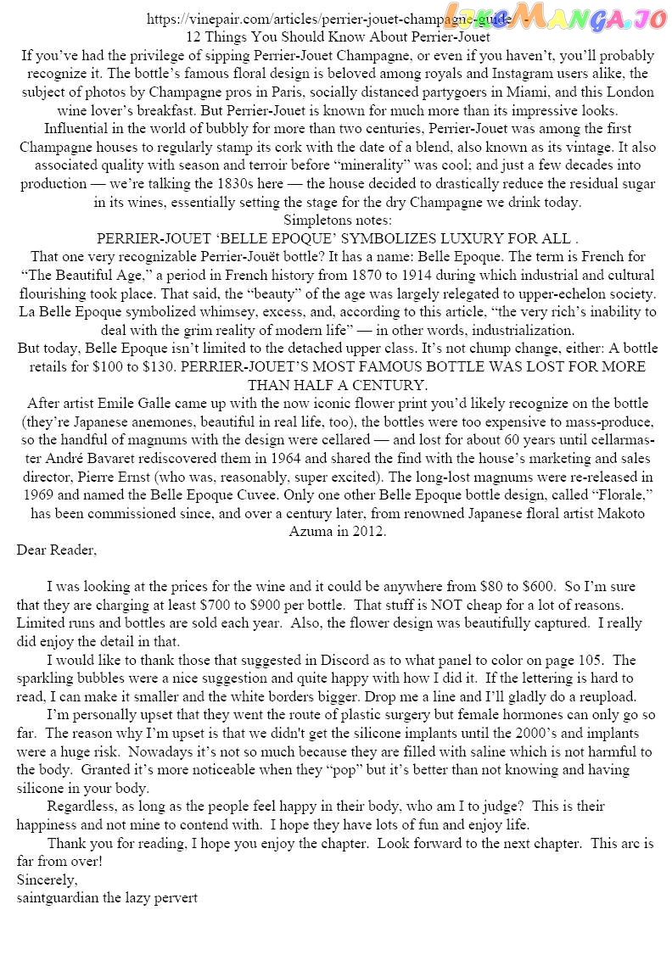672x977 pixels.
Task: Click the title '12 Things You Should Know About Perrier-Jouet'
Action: coord(337,37)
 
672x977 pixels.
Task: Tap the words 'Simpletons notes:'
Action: coord(337,220)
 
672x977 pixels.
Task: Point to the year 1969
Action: coord(38,495)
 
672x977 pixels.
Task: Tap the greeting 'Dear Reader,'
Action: coord(57,550)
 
